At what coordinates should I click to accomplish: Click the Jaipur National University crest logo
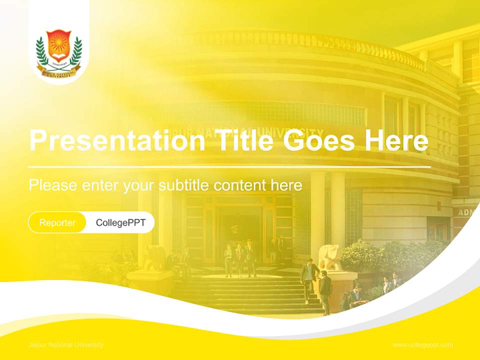59,52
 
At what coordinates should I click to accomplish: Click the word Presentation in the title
116,140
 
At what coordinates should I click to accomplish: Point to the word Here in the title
396,140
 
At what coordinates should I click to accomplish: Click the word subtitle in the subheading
184,185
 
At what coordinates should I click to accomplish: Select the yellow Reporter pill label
57,222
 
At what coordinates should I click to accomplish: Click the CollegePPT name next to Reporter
120,222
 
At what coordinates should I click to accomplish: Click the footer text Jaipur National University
66,345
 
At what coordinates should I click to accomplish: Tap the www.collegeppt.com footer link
422,345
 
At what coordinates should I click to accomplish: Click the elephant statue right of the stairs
330,257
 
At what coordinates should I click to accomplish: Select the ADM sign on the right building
465,212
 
